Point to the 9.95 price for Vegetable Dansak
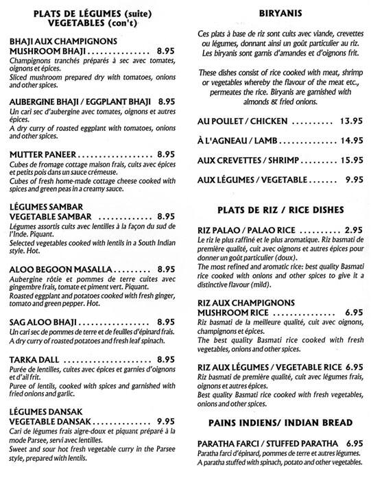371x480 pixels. (168, 402)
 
